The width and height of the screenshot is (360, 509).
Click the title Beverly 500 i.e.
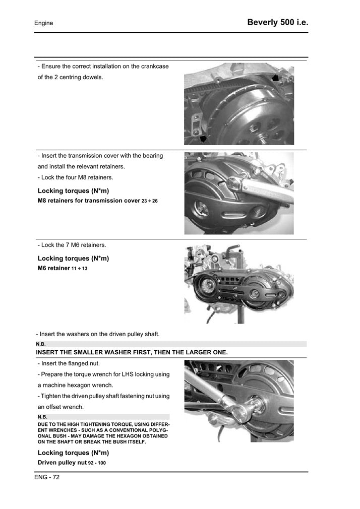[277, 23]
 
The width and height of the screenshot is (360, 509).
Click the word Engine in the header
[43, 23]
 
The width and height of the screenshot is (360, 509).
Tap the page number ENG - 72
[47, 477]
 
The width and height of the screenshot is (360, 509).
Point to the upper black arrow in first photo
[275, 78]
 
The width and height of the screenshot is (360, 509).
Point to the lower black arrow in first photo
[203, 138]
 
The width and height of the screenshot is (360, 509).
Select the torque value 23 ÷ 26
[150, 201]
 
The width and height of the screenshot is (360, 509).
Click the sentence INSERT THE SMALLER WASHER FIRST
[132, 352]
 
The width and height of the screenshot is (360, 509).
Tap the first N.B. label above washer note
[41, 344]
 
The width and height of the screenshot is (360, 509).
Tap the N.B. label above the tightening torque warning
[42, 417]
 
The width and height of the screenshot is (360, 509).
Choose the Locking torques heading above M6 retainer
[73, 259]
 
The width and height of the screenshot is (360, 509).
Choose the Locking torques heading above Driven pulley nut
[73, 453]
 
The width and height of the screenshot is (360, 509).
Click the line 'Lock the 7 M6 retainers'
[72, 245]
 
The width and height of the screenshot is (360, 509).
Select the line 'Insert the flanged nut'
[69, 363]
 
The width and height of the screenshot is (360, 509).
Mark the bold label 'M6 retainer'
[53, 268]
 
